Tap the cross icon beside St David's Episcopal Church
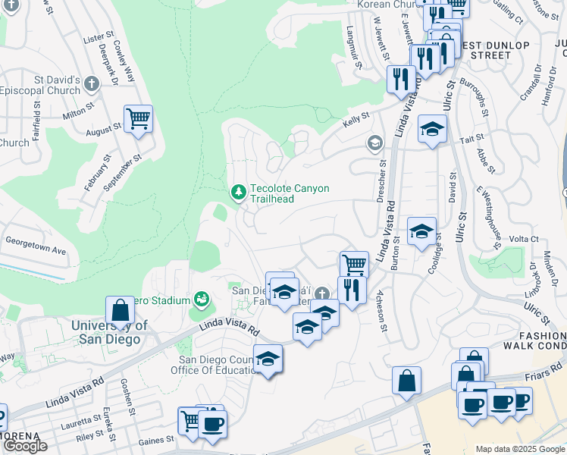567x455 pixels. tap(92, 83)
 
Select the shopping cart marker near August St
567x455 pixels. tap(138, 119)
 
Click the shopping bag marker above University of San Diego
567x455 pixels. tap(120, 309)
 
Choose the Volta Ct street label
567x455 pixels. tap(523, 239)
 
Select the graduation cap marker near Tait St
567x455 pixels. tap(432, 129)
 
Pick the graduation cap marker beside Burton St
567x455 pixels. tap(421, 231)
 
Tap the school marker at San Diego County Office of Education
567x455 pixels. tap(268, 359)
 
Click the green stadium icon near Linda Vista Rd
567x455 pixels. tap(201, 300)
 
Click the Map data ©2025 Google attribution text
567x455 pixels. tap(520, 449)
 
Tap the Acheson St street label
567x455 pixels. tap(383, 316)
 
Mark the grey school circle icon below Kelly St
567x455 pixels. tap(374, 143)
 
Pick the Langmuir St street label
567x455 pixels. tap(353, 43)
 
